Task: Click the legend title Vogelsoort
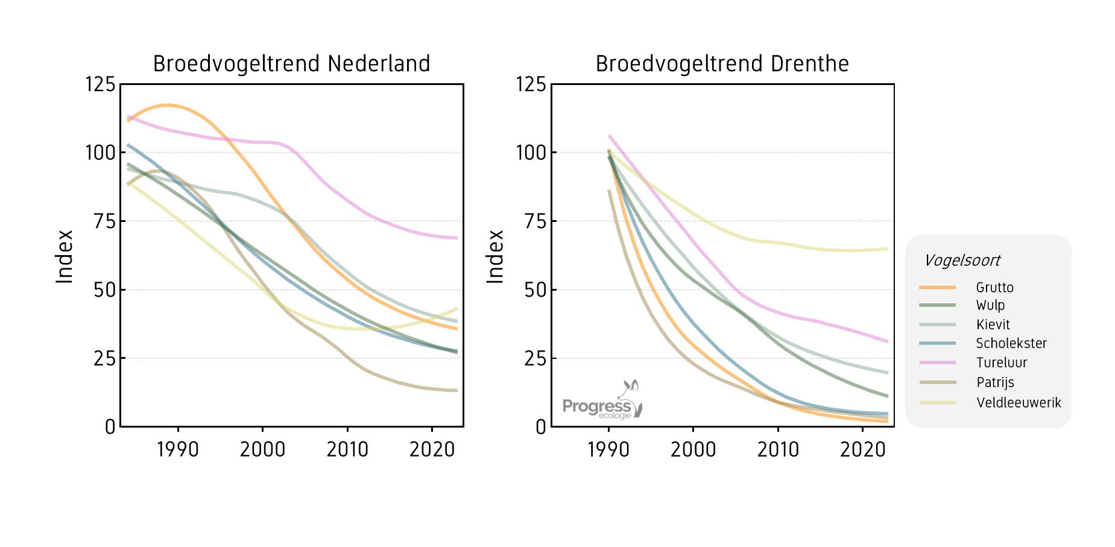pos(962,261)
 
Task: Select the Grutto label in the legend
pos(994,288)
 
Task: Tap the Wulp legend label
pos(990,305)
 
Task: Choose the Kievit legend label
pos(993,324)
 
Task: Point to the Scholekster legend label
pos(1011,343)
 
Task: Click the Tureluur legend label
pos(1001,362)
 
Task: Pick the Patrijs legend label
pos(995,382)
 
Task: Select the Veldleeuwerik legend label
pos(1019,402)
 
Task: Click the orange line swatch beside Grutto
pos(937,288)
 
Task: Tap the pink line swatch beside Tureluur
pos(937,362)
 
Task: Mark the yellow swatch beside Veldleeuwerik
pos(937,403)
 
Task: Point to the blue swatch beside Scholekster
pos(937,343)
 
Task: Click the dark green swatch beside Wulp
pos(937,305)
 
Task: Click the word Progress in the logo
pos(596,406)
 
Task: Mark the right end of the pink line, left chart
pos(456,238)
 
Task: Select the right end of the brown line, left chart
pos(456,391)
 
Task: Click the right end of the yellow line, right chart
pos(887,248)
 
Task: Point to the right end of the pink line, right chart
pos(887,341)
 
